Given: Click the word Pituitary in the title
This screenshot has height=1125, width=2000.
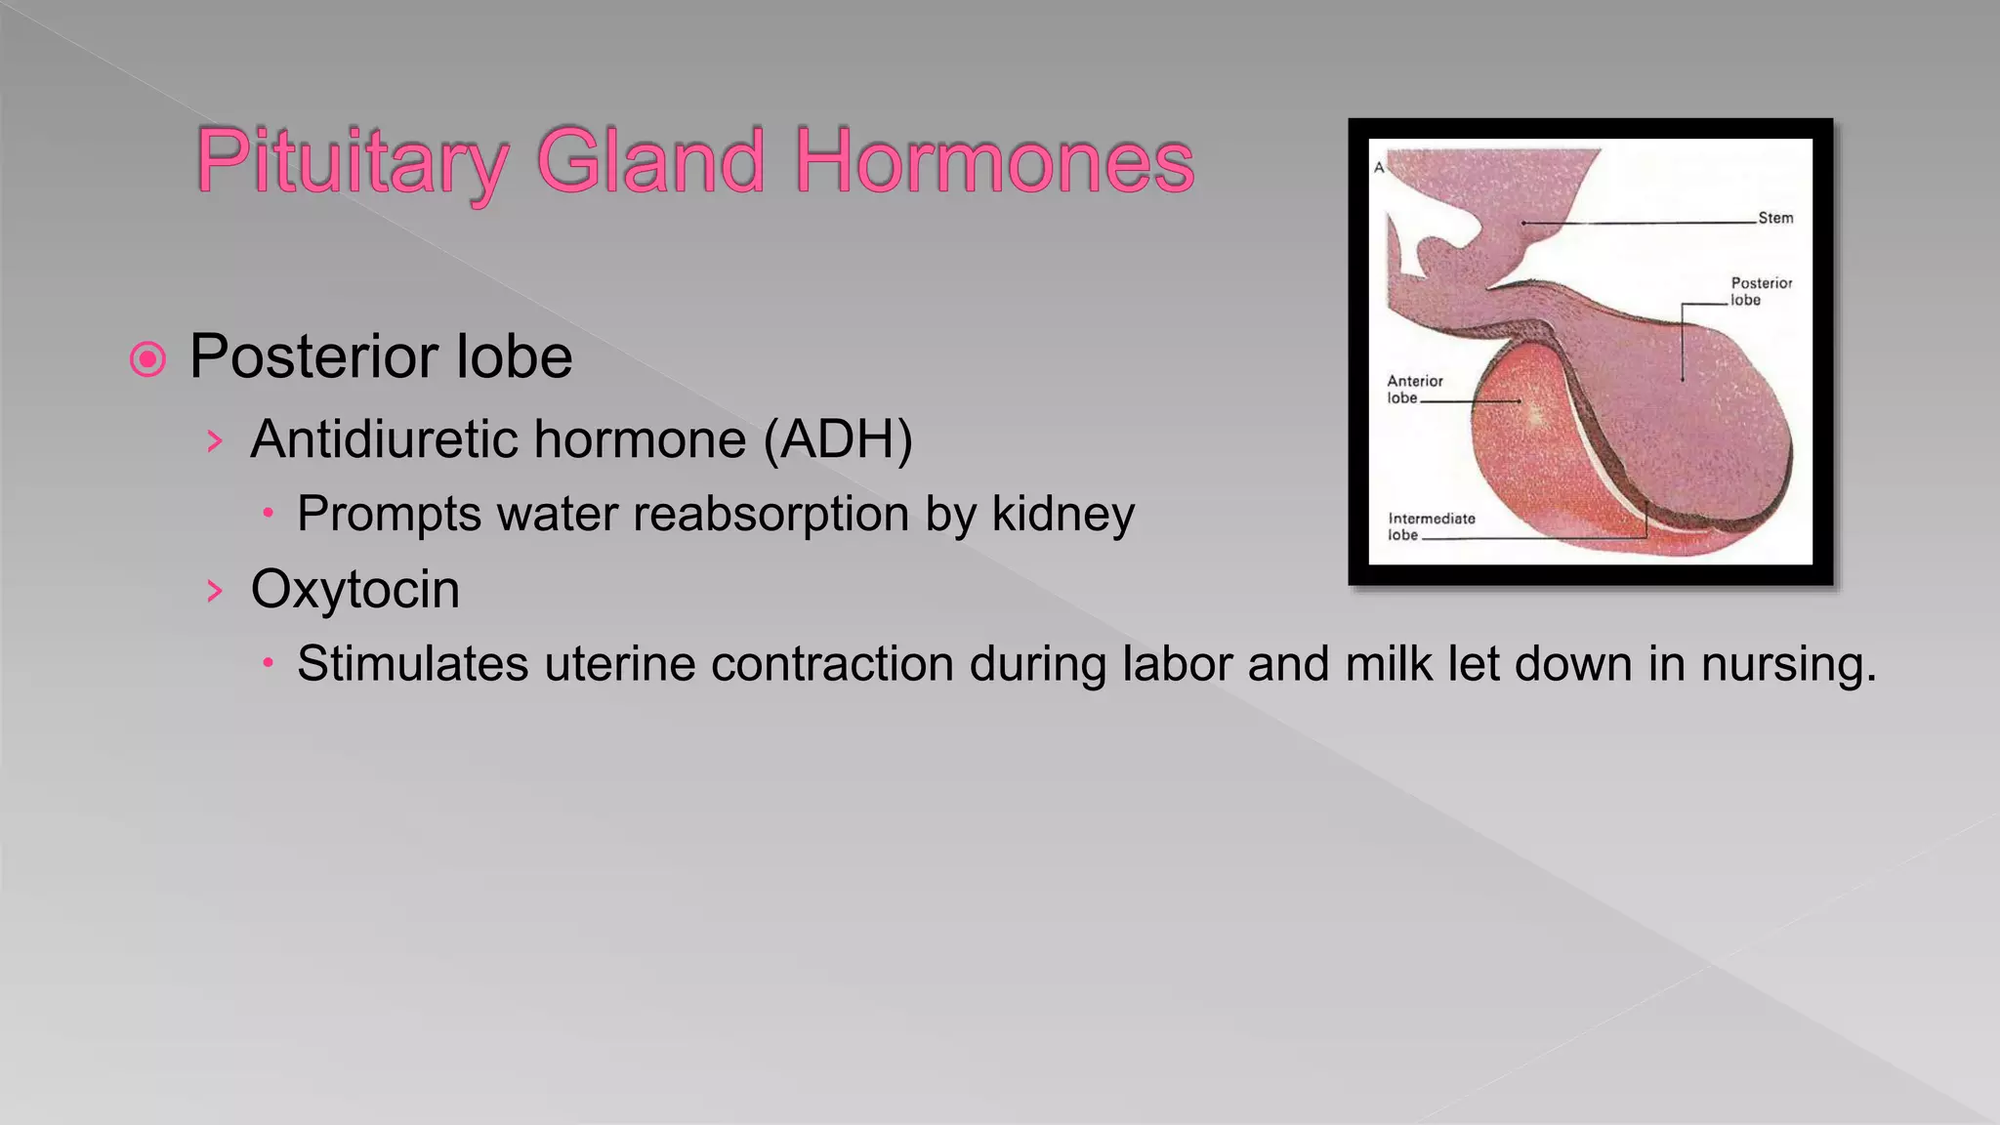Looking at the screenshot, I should (352, 161).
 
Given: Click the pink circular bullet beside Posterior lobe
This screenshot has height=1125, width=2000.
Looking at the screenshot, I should (147, 359).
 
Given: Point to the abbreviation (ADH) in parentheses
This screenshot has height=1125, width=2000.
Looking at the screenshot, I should (838, 439).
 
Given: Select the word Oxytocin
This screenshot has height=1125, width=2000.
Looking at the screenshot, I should (354, 590).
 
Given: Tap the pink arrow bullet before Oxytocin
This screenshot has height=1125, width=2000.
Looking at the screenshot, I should (215, 590).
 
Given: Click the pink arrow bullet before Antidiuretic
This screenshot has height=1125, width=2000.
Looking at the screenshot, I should (215, 440).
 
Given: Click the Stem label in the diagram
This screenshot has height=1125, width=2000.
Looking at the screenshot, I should (1775, 218).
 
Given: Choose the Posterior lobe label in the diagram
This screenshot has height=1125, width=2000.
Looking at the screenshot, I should (1761, 291).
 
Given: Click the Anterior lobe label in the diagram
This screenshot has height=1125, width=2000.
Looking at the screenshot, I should (1413, 389).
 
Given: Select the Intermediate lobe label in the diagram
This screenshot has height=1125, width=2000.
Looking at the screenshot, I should (1430, 526).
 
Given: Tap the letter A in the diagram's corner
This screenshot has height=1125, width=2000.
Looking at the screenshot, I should (1379, 168).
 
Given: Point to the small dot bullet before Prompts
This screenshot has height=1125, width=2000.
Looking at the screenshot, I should (268, 513).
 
